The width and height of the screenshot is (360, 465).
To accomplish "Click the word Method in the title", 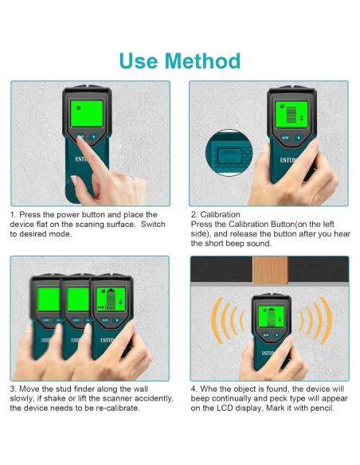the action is pyautogui.click(x=202, y=61).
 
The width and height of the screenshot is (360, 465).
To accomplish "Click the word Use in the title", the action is pyautogui.click(x=139, y=61).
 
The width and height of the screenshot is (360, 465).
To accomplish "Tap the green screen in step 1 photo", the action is pyautogui.click(x=87, y=114).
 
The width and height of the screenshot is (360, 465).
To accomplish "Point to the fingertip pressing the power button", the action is pyautogui.click(x=80, y=139).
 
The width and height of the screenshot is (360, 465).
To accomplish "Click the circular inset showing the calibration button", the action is pyautogui.click(x=229, y=153).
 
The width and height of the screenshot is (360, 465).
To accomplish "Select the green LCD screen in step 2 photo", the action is pyautogui.click(x=292, y=115).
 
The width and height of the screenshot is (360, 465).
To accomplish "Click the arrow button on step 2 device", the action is pyautogui.click(x=299, y=138).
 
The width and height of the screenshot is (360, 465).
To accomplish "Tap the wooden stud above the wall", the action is pyautogui.click(x=270, y=270).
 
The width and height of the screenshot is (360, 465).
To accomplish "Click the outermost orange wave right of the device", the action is pyautogui.click(x=327, y=320).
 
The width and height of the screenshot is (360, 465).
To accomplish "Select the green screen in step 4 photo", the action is pyautogui.click(x=271, y=317).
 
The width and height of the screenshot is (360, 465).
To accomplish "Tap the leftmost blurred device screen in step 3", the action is pyautogui.click(x=49, y=299).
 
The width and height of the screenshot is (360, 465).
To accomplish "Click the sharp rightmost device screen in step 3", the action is pyautogui.click(x=111, y=299).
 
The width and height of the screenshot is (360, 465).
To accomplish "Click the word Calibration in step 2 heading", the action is pyautogui.click(x=220, y=214).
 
